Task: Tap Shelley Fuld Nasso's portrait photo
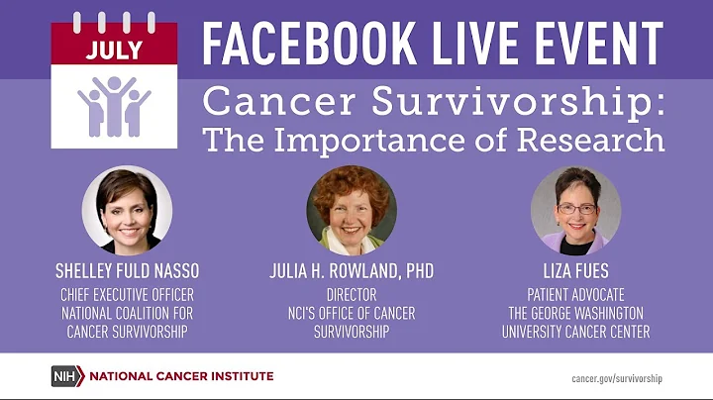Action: (x=127, y=210)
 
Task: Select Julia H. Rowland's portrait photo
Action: (x=352, y=210)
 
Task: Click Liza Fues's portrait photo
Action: (x=576, y=210)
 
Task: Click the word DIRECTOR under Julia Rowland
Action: (x=352, y=295)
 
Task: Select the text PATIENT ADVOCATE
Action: (x=575, y=295)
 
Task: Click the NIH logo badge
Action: (x=66, y=376)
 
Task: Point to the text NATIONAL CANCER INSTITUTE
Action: (x=181, y=376)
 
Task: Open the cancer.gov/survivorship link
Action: (x=617, y=377)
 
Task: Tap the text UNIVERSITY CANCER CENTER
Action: (x=575, y=333)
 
